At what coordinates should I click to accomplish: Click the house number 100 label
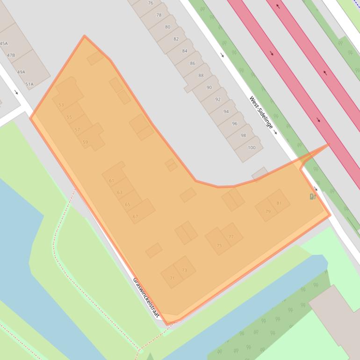(252, 148)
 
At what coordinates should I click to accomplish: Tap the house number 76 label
(151, 3)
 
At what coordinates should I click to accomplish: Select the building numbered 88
(201, 75)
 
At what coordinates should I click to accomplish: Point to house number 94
(226, 112)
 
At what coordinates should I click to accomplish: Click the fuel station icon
(313, 196)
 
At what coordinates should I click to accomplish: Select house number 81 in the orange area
(279, 203)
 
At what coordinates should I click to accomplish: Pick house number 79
(268, 211)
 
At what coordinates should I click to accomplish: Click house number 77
(231, 237)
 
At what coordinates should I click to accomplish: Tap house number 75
(219, 245)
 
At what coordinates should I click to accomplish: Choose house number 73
(184, 270)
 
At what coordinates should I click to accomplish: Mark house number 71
(172, 278)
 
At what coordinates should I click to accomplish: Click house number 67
(136, 216)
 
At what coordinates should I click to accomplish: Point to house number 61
(111, 180)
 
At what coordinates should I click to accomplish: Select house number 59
(85, 142)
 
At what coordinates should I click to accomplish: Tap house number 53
(61, 105)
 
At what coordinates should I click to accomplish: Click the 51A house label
(29, 85)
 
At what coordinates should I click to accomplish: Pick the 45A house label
(4, 43)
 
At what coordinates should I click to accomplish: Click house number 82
(176, 39)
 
